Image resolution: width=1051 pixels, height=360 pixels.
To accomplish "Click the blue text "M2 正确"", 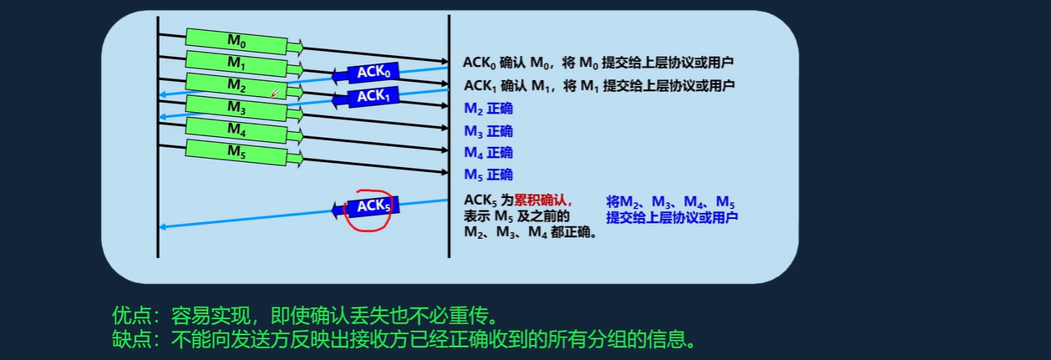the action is [x=488, y=109].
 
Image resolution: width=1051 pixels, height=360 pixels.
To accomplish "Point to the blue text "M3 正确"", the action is [x=488, y=131].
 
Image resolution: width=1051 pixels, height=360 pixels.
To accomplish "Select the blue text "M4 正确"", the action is [x=488, y=153].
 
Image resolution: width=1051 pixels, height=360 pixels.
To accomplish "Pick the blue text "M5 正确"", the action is [x=488, y=175].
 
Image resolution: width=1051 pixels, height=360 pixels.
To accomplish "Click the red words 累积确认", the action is [x=542, y=200].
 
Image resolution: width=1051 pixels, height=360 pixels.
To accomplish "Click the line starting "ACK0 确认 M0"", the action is [x=598, y=63].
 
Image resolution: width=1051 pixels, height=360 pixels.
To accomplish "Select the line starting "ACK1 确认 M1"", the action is [x=598, y=85].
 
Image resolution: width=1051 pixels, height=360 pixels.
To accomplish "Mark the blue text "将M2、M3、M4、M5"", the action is [x=670, y=201].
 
